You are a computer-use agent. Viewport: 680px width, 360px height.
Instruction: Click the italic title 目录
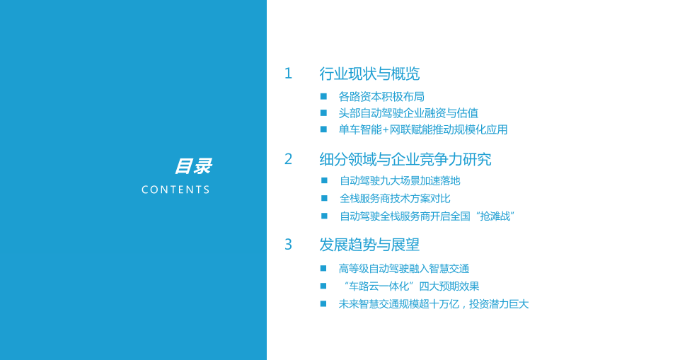pos(192,167)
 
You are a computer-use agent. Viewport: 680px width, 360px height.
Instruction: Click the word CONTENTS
pos(175,190)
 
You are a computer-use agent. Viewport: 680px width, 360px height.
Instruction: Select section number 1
pos(288,74)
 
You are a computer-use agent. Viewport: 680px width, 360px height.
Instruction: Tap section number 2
pos(288,159)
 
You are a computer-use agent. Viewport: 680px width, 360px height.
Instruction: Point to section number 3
pos(288,245)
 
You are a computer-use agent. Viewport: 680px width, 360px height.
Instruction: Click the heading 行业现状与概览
pos(369,74)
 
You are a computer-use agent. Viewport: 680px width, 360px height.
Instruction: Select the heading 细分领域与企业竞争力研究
pos(405,159)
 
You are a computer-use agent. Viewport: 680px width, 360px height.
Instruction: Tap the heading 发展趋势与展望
pos(369,245)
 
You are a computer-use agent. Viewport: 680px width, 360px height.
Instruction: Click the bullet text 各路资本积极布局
pos(381,96)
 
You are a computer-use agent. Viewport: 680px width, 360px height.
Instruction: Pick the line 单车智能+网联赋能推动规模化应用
pos(422,130)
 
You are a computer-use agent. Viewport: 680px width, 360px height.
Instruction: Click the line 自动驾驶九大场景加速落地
pos(400,181)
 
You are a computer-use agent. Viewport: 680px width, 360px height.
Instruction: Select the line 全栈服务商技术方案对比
pos(395,199)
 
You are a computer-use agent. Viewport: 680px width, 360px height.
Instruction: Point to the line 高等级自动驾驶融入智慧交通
pos(404,269)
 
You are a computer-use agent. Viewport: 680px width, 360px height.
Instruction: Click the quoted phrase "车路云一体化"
pos(378,286)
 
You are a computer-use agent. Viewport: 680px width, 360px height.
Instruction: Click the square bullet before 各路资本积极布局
pos(323,96)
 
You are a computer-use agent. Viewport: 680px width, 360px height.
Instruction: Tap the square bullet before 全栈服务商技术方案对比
pos(324,199)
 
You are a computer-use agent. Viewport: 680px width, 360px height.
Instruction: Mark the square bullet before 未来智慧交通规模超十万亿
pos(323,304)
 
